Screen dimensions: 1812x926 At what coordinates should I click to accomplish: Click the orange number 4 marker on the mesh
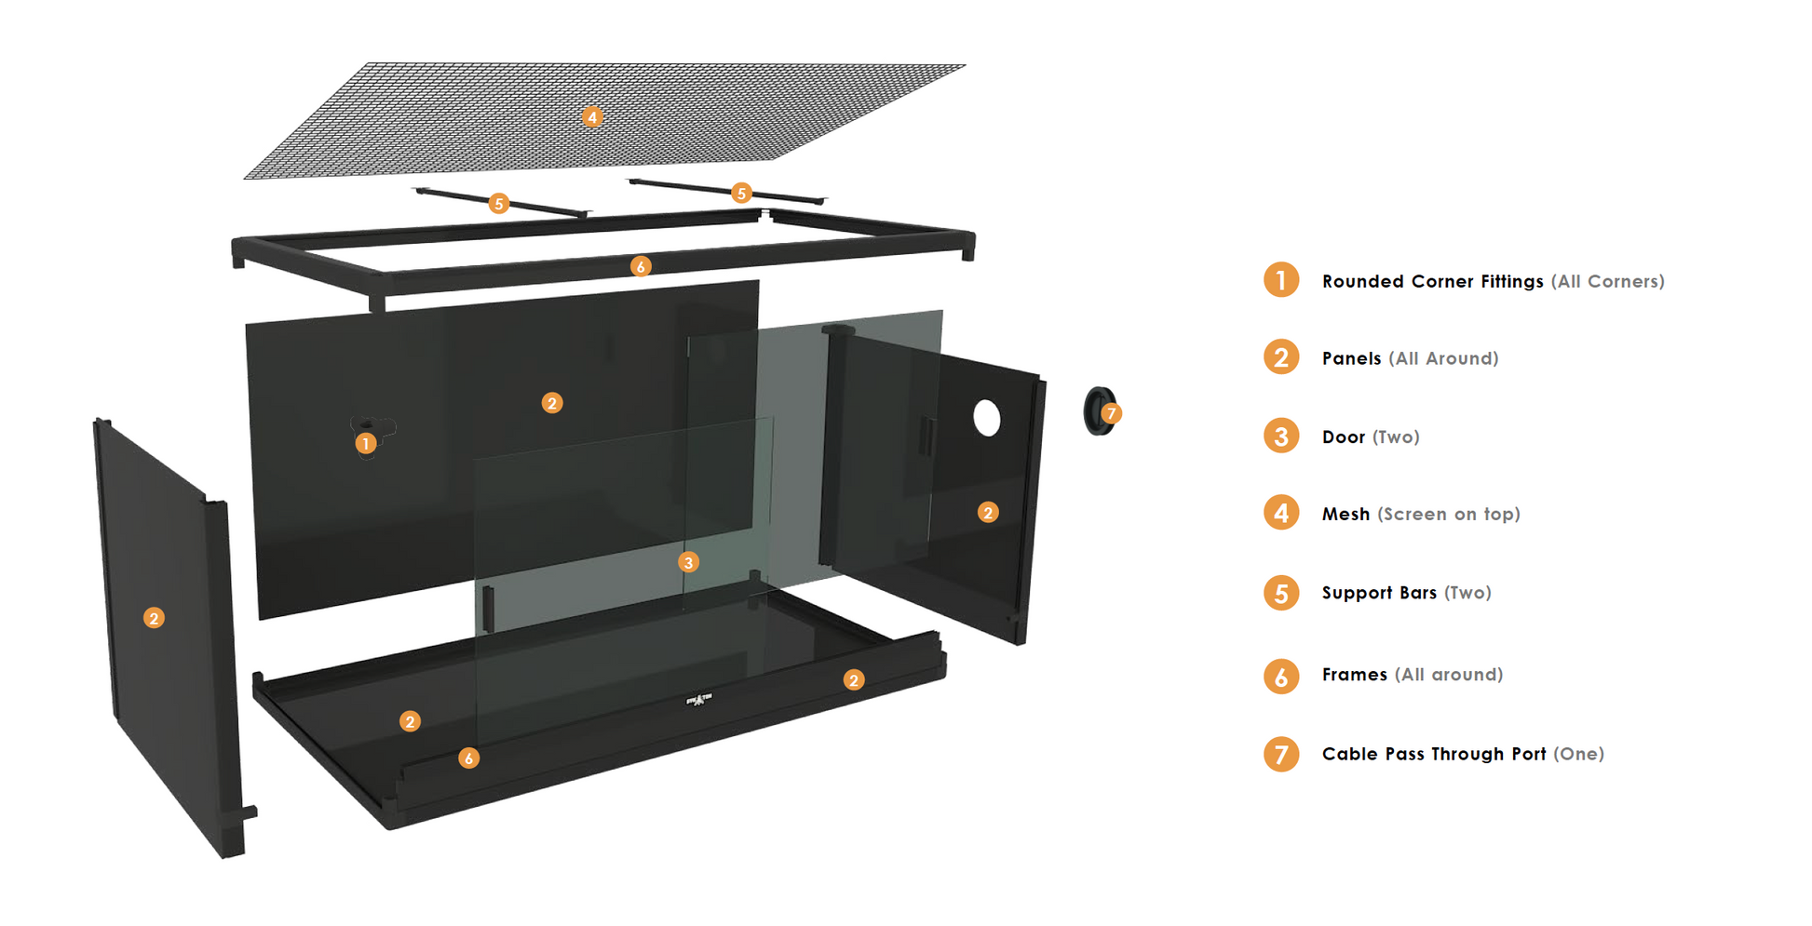coord(591,117)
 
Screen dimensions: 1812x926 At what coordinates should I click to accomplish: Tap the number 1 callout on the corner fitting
coord(366,444)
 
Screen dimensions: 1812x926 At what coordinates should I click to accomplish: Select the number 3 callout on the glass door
coord(688,562)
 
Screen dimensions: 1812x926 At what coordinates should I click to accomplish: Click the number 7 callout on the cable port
coord(1111,413)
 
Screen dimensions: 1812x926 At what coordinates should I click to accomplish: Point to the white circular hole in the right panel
coord(987,419)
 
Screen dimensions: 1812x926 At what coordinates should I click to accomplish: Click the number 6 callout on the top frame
coord(641,267)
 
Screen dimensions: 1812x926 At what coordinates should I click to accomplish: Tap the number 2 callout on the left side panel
coord(154,618)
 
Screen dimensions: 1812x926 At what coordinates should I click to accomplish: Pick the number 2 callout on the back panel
coord(552,403)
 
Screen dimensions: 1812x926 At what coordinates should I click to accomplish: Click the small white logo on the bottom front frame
coord(699,699)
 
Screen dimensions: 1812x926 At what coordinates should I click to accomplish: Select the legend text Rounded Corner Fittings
coord(1432,281)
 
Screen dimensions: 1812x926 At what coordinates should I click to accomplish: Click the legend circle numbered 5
coord(1281,593)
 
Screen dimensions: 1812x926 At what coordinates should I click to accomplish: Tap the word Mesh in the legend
coord(1345,514)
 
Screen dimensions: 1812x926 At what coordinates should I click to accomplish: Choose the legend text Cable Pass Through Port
coord(1434,754)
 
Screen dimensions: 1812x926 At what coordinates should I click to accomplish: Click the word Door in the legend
coord(1344,437)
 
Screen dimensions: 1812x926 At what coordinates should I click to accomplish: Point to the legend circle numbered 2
coord(1281,357)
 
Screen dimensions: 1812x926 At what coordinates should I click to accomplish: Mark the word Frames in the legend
coord(1355,675)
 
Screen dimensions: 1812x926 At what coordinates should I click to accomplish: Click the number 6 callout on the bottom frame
coord(468,758)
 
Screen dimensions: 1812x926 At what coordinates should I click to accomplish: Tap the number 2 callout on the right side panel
coord(988,513)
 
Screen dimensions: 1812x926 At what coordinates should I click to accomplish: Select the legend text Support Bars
coord(1379,593)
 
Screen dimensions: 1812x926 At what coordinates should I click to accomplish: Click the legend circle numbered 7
coord(1281,754)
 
